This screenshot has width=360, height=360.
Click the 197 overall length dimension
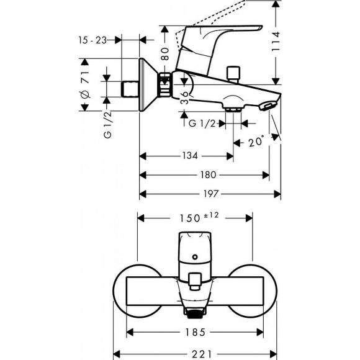pyautogui.click(x=212, y=194)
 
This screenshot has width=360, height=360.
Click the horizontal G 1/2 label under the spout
pyautogui.click(x=202, y=124)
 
